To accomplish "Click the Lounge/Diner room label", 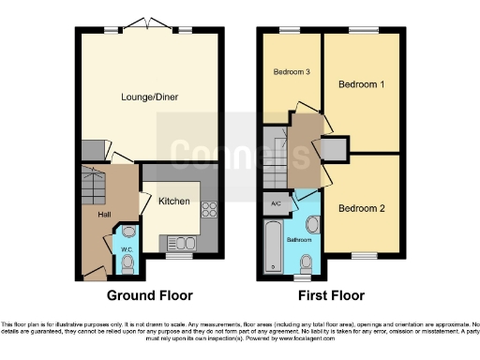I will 149,96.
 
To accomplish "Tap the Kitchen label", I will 174,202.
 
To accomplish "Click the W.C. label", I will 127,248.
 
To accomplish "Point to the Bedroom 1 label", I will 361,84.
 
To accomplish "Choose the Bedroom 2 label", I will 361,208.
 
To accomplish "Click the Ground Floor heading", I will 150,295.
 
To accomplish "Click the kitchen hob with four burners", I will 210,211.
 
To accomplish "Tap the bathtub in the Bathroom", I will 273,247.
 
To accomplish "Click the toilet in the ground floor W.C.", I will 127,266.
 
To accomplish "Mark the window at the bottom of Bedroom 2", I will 364,255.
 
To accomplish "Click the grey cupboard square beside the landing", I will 333,148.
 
